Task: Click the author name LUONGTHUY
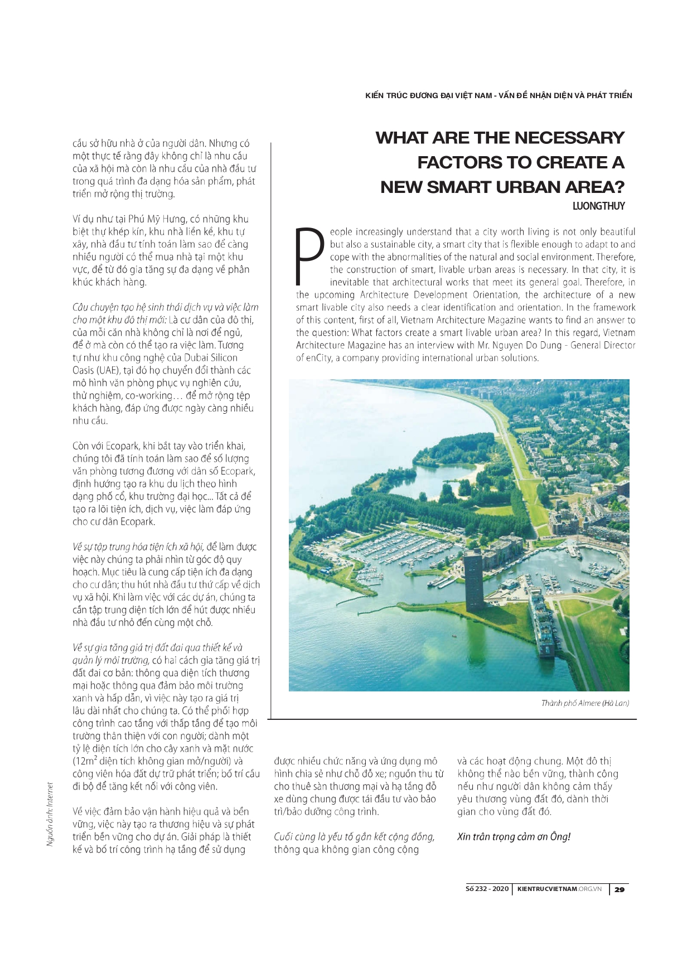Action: (x=598, y=206)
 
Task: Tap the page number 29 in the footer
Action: (x=620, y=889)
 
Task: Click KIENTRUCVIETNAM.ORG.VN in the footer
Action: (x=559, y=889)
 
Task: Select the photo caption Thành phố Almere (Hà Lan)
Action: (x=585, y=703)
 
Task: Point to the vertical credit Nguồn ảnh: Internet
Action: (x=50, y=814)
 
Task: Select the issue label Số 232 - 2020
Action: (x=487, y=889)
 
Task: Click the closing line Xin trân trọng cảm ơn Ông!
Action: (x=514, y=837)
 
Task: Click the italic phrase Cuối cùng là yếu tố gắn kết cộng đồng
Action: (x=354, y=837)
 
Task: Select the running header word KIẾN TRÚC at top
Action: (x=384, y=95)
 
